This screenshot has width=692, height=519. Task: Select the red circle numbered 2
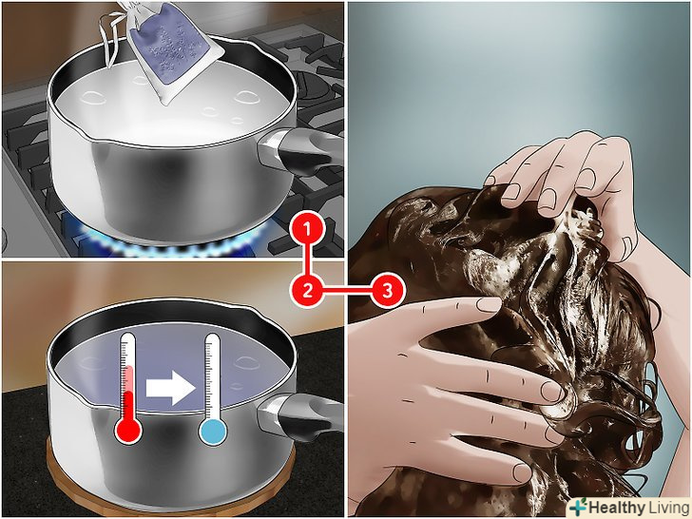(x=308, y=291)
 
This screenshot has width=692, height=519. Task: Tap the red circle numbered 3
(x=387, y=291)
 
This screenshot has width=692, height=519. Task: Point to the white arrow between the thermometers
(x=171, y=388)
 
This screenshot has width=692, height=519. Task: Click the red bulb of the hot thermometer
(x=128, y=431)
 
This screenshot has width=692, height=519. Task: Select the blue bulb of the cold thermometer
(x=213, y=432)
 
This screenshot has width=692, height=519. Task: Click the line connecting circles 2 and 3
(x=347, y=291)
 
